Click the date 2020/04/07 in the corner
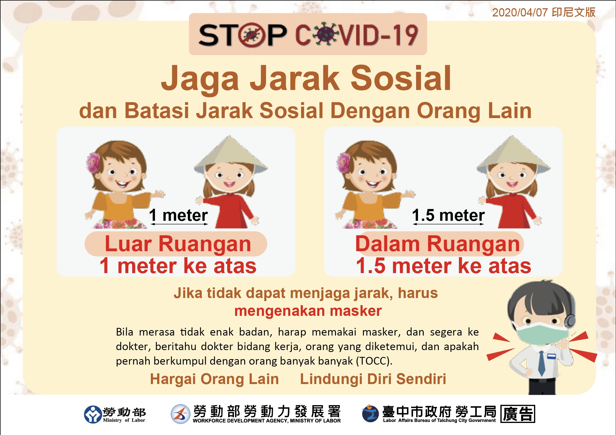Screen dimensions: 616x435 point(520,13)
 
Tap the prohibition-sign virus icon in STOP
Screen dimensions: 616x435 point(252,35)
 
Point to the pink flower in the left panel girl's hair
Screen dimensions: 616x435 point(93,162)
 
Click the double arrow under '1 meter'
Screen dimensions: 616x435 point(179,224)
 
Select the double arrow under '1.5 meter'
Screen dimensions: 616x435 point(448,224)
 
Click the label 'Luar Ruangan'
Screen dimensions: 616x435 point(178,244)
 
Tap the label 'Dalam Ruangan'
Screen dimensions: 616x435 point(438,244)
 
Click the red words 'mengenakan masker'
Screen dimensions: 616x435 point(308,311)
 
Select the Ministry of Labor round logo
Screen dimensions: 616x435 point(93,414)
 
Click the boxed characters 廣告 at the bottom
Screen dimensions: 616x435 point(518,414)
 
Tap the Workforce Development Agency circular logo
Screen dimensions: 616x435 point(180,414)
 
